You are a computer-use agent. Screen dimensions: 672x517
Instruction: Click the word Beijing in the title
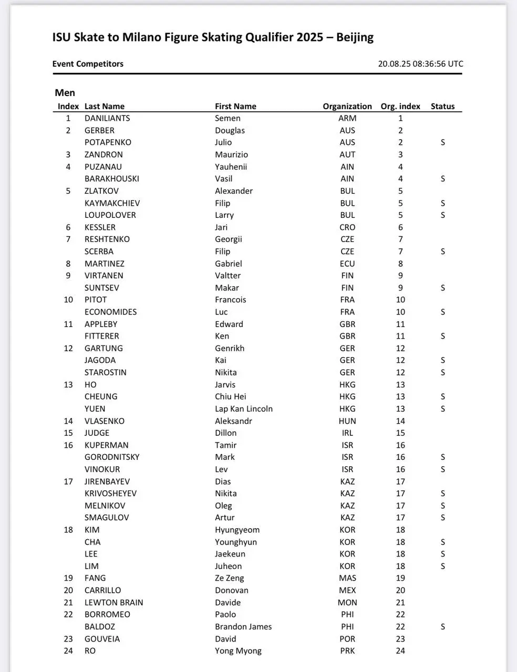(x=355, y=37)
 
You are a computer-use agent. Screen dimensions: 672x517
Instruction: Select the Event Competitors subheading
(x=88, y=64)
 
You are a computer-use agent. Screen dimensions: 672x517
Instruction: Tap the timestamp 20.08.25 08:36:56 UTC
(x=420, y=64)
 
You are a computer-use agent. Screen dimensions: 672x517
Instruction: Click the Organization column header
(x=347, y=106)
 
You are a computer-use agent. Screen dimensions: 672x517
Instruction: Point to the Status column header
(x=442, y=106)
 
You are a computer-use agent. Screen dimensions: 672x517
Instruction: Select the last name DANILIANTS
(x=107, y=118)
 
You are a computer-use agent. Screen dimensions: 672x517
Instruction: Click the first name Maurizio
(x=231, y=154)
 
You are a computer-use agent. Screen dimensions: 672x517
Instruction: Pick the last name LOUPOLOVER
(x=110, y=215)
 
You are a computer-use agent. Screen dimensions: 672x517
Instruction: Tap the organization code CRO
(x=347, y=227)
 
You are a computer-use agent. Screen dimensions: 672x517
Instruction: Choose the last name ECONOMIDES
(x=110, y=312)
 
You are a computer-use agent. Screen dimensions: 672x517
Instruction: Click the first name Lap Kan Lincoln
(x=243, y=408)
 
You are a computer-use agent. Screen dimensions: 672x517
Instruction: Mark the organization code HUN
(x=347, y=421)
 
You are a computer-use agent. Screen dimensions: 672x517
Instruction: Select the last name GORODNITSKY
(x=112, y=457)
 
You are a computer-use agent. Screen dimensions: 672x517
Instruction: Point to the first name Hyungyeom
(x=237, y=530)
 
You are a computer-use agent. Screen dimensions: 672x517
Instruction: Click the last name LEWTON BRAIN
(x=113, y=603)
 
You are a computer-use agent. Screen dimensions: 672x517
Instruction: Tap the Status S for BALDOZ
(x=443, y=627)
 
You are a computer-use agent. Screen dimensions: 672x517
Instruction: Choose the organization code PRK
(x=347, y=651)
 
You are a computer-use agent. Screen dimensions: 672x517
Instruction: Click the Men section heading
(x=65, y=93)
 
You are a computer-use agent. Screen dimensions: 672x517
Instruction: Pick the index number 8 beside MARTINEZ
(x=68, y=264)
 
